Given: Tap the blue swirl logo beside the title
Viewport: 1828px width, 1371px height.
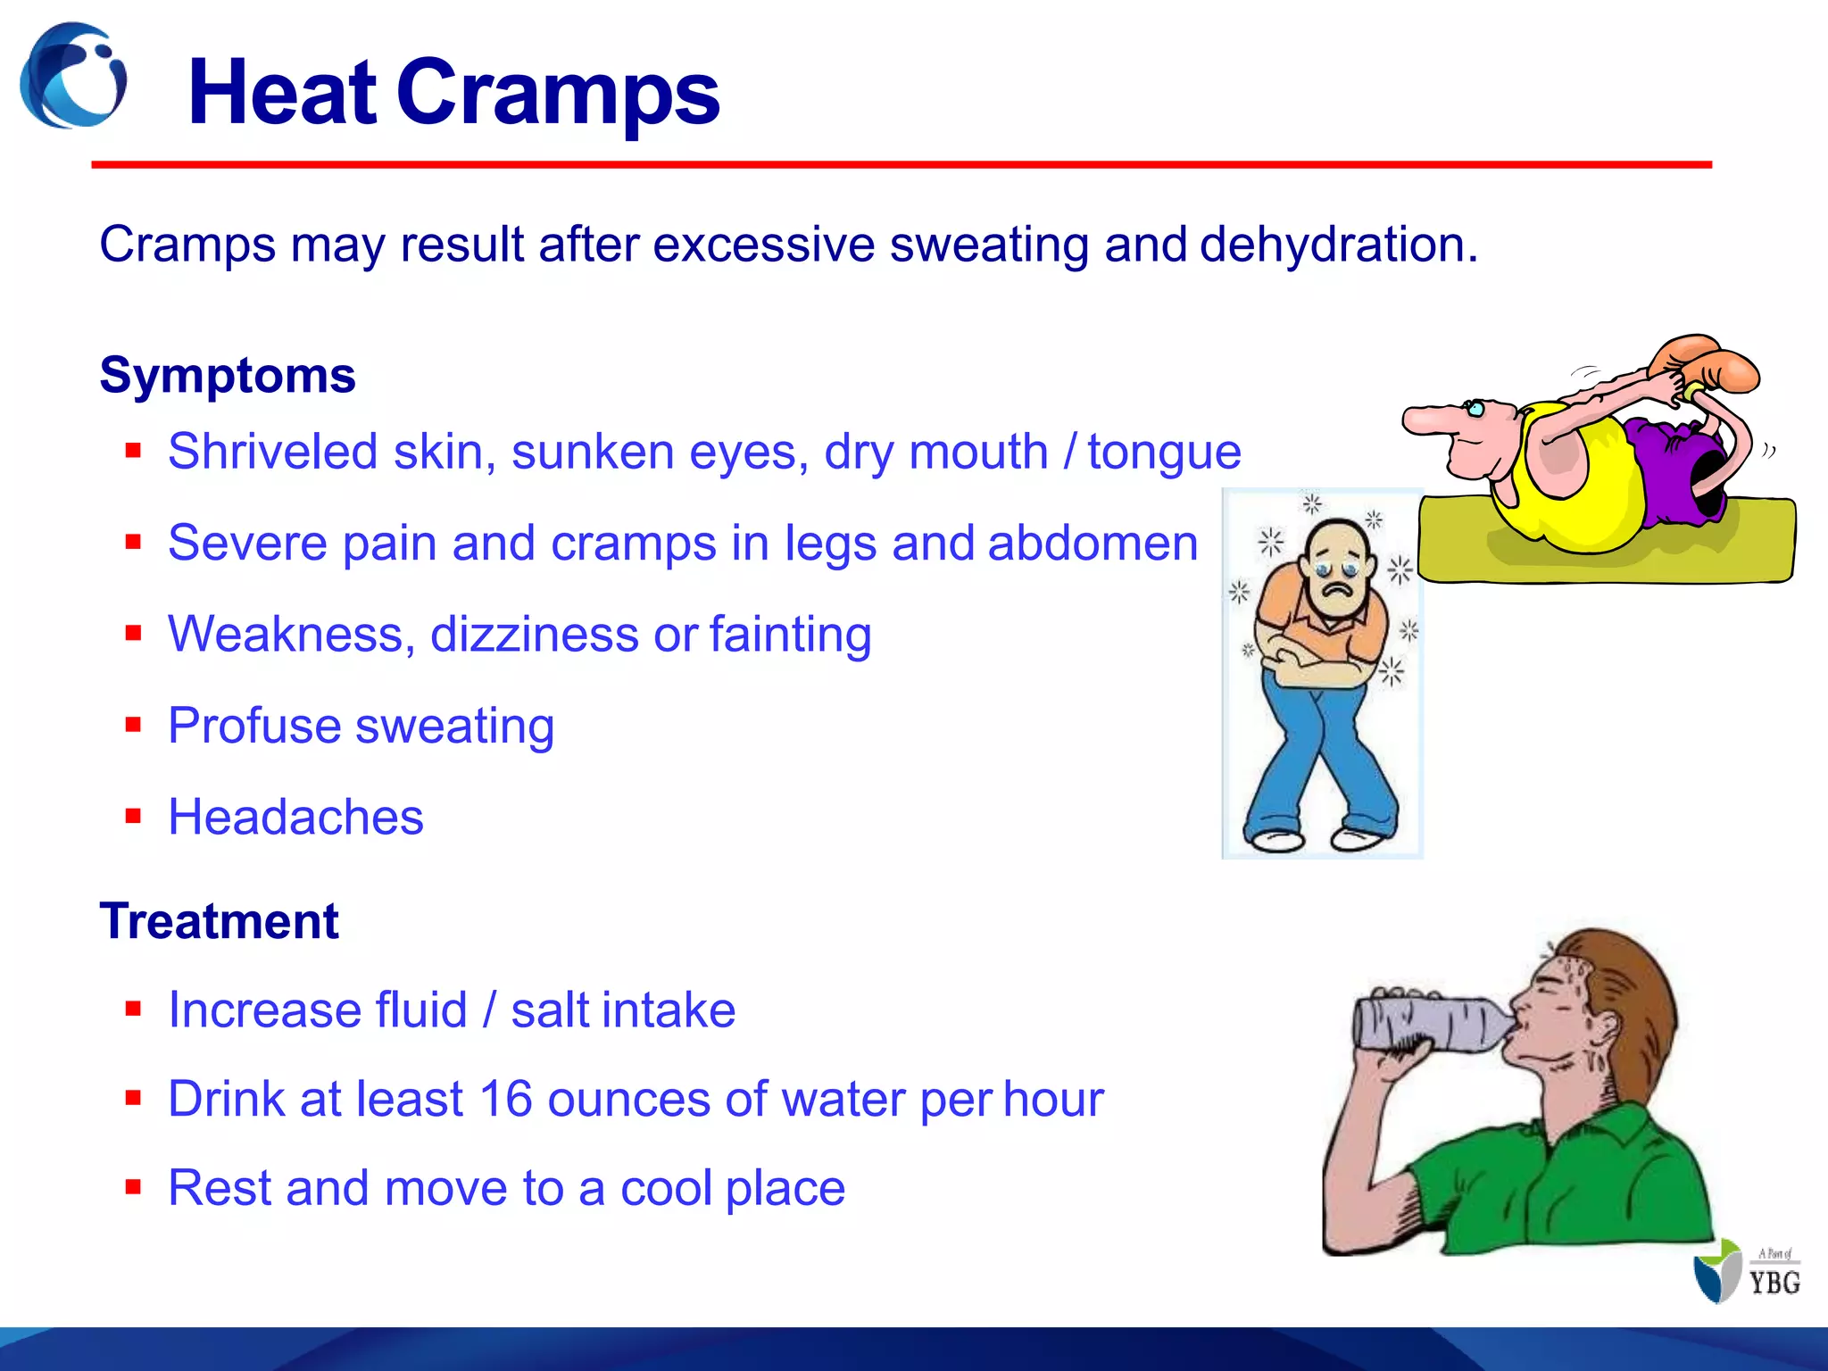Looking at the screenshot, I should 73,76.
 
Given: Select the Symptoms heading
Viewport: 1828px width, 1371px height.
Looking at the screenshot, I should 228,375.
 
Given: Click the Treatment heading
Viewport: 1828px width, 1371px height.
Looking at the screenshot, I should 220,921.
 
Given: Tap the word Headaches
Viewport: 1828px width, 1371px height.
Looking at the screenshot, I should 295,817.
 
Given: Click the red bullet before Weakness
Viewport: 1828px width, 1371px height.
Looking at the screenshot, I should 134,634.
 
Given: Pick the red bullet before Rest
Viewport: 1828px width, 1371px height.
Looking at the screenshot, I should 134,1187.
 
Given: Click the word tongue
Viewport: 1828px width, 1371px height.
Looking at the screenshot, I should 1164,452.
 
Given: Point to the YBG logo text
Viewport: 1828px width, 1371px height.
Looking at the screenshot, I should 1774,1283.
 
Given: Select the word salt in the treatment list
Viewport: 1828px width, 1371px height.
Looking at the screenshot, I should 544,1010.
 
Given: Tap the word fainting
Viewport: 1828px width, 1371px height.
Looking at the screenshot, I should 791,634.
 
